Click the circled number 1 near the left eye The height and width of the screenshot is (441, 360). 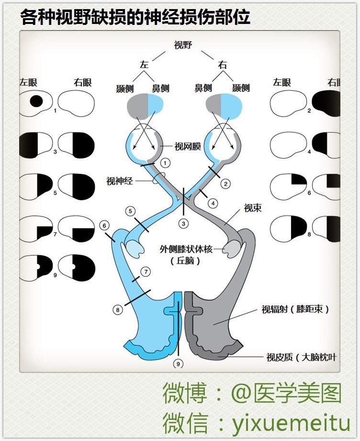tap(165, 163)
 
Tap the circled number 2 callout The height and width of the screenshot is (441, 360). tap(226, 183)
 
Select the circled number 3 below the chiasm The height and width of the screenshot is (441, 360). tap(183, 223)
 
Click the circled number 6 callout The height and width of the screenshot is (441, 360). tap(104, 225)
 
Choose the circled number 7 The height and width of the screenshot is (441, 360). tap(146, 271)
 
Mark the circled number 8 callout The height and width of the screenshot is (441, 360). tap(118, 310)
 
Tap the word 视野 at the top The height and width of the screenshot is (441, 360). tap(183, 45)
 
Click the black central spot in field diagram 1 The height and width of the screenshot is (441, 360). tap(36, 101)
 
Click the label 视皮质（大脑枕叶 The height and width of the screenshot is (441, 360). tap(302, 357)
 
